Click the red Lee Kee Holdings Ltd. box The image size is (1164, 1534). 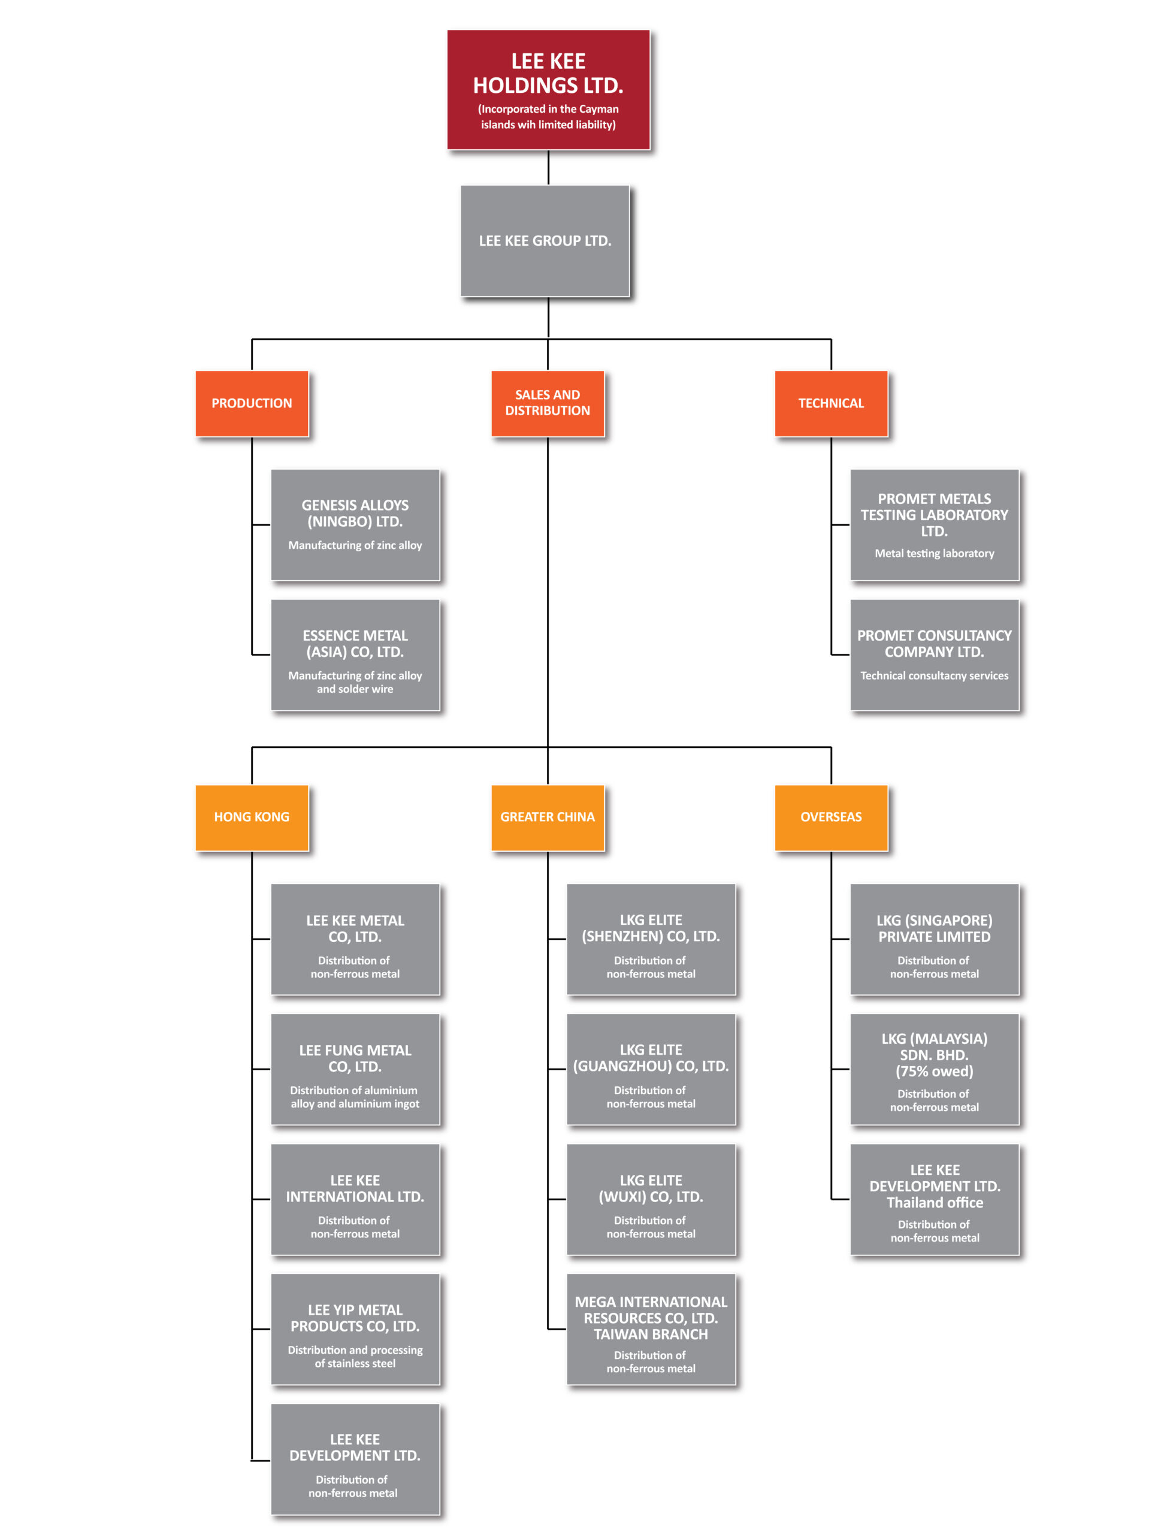pyautogui.click(x=548, y=89)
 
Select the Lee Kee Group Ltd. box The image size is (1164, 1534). pyautogui.click(x=545, y=241)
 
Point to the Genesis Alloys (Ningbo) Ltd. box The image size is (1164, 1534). pyautogui.click(x=355, y=525)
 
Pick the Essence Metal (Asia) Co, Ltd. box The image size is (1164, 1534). pyautogui.click(x=355, y=655)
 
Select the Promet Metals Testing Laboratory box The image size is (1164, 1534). pyautogui.click(x=935, y=525)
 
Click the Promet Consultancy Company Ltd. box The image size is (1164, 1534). pyautogui.click(x=935, y=655)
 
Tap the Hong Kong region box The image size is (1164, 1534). pyautogui.click(x=252, y=817)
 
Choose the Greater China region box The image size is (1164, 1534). pyautogui.click(x=548, y=817)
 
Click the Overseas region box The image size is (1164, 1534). pyautogui.click(x=832, y=817)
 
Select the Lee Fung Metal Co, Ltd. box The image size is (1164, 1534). pyautogui.click(x=355, y=1070)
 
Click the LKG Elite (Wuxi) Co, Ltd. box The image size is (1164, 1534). pyautogui.click(x=651, y=1199)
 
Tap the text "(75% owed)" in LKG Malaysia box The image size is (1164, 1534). pyautogui.click(x=935, y=1071)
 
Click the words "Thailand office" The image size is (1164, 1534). pyautogui.click(x=935, y=1203)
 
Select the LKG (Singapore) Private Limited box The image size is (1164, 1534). pyautogui.click(x=935, y=939)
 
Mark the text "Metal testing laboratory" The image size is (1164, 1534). pyautogui.click(x=935, y=554)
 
